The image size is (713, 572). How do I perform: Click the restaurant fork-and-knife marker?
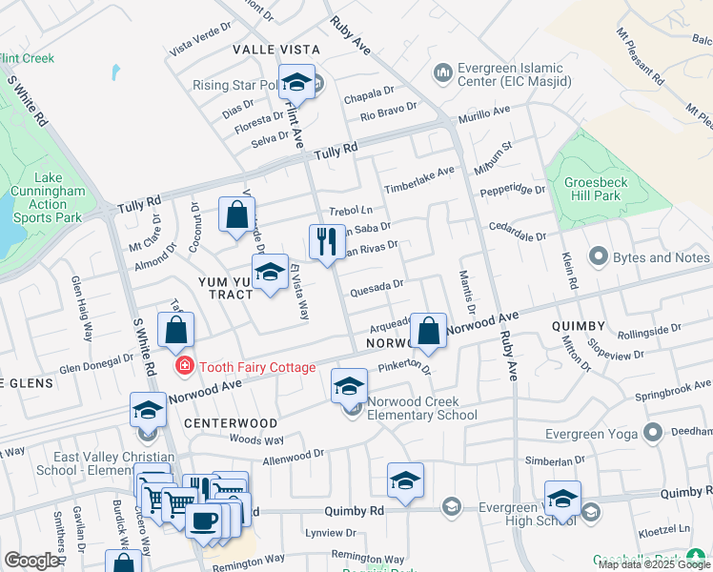coord(327,242)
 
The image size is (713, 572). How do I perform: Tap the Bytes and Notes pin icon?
coord(599,256)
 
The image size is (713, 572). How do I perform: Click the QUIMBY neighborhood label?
coord(579,326)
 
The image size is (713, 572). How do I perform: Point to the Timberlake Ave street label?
coord(419,178)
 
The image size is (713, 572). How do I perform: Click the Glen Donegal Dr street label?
coord(97,362)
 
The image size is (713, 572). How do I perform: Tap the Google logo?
coord(31,561)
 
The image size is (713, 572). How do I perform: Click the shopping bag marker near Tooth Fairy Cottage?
coord(176,331)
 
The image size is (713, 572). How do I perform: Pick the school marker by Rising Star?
coord(296,82)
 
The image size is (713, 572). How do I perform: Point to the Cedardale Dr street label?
coord(518,233)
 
